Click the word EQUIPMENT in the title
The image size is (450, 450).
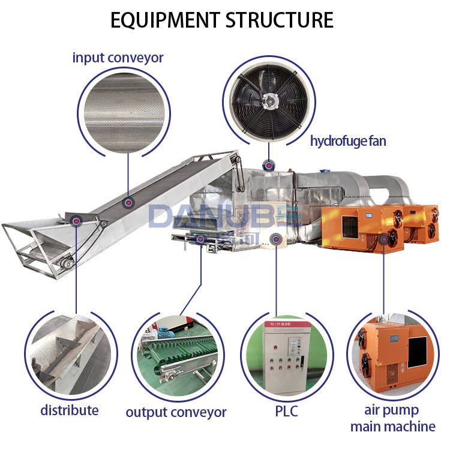[x=164, y=20]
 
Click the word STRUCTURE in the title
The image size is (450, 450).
[x=279, y=20]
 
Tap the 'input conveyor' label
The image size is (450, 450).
[x=118, y=58]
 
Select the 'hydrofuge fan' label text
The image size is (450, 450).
[x=348, y=142]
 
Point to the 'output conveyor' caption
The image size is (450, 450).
[x=176, y=412]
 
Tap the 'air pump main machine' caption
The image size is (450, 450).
[x=392, y=418]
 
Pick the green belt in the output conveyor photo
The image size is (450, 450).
[x=180, y=354]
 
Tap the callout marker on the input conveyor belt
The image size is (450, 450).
[x=128, y=203]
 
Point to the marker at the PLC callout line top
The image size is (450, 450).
[x=275, y=238]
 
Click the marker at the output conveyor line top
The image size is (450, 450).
[x=200, y=238]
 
